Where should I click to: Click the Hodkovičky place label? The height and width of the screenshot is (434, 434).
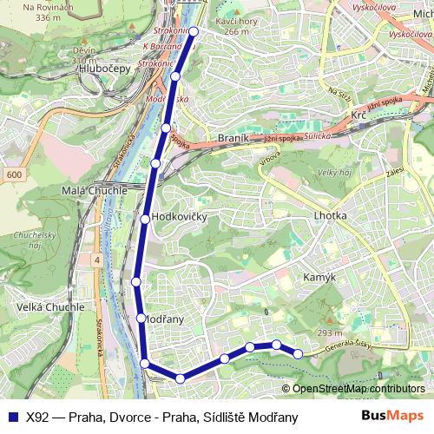click(179, 217)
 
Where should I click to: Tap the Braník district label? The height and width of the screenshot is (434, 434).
click(233, 138)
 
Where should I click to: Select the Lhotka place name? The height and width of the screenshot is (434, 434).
click(330, 215)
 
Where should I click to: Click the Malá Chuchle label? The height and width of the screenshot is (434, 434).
click(96, 191)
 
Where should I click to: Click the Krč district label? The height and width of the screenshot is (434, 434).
click(360, 115)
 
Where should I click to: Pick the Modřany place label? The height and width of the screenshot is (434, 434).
click(165, 319)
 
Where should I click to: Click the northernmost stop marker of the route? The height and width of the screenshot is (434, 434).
click(194, 32)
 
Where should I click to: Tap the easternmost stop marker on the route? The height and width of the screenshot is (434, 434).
click(298, 353)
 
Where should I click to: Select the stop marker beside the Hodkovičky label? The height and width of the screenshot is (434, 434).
click(145, 218)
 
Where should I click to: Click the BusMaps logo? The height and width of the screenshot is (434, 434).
click(392, 417)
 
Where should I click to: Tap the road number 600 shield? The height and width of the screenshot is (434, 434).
click(13, 174)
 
